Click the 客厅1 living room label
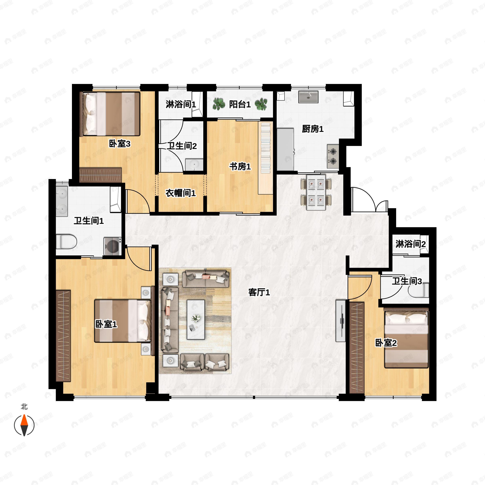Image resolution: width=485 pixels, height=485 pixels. (259, 292)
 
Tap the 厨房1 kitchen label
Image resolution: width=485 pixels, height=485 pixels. (313, 129)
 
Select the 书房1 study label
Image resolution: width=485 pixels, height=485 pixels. (240, 167)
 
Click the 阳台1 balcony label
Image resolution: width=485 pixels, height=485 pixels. (240, 104)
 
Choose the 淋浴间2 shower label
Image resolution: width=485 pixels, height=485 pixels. (411, 244)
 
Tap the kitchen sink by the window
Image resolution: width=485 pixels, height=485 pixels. (308, 97)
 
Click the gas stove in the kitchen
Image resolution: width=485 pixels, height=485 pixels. (333, 156)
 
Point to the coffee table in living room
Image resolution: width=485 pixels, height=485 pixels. (196, 319)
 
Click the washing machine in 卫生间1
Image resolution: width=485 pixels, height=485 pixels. (113, 247)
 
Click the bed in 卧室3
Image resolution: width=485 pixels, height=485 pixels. (110, 114)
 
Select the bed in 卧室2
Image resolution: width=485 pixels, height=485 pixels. (406, 338)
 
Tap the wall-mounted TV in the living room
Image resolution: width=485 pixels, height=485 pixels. (341, 321)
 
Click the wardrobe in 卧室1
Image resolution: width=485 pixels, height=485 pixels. (63, 336)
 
